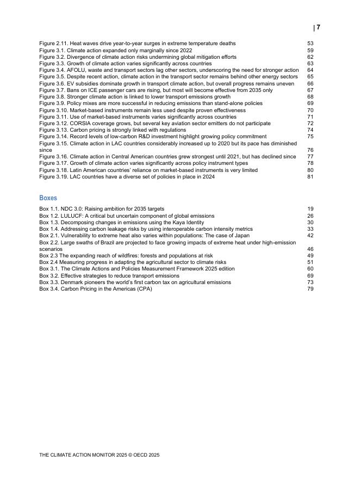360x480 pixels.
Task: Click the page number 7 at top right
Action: (x=318, y=27)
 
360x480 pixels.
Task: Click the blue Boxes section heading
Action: (x=48, y=198)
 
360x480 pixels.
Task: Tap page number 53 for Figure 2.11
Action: (x=310, y=43)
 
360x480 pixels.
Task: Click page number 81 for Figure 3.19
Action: (x=310, y=177)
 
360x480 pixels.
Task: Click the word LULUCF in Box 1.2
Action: (x=71, y=216)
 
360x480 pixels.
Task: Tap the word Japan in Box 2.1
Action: (x=241, y=236)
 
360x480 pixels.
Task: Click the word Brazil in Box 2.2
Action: (x=102, y=242)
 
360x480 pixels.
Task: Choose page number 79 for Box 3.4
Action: (x=310, y=289)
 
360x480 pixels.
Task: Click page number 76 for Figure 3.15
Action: (x=310, y=150)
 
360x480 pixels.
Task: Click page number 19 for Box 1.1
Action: (x=310, y=209)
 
